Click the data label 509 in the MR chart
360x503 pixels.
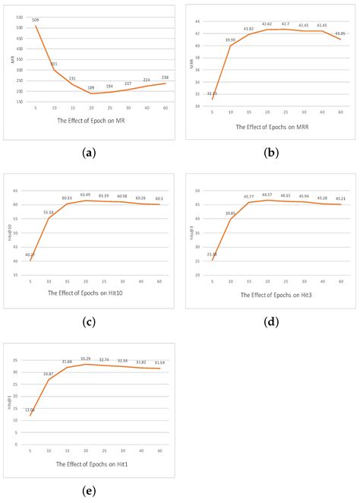pyautogui.click(x=36, y=20)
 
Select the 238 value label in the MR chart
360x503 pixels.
pyautogui.click(x=165, y=78)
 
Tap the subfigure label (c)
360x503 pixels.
pyautogui.click(x=90, y=321)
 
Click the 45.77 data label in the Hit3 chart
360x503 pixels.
pyautogui.click(x=248, y=197)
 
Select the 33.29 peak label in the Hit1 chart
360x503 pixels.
pyautogui.click(x=86, y=359)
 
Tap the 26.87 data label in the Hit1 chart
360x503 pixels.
pyautogui.click(x=49, y=374)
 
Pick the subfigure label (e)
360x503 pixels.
pyautogui.click(x=90, y=491)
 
